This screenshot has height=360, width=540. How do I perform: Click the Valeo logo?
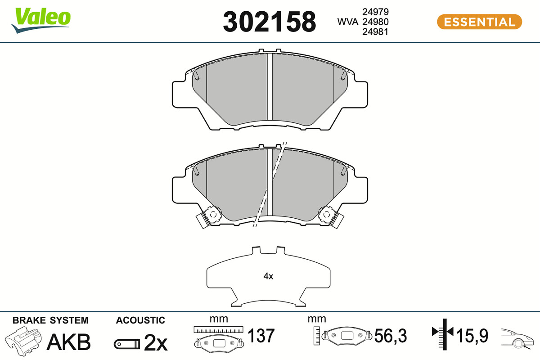41,20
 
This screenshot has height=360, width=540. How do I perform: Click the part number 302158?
269,22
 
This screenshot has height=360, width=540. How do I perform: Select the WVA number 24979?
375,12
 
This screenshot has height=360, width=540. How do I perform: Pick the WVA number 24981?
375,32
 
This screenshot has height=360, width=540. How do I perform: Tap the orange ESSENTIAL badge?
480,22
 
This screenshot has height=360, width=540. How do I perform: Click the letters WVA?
347,22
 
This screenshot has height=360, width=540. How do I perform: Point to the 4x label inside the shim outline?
268,276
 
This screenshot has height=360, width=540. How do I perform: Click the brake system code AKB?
69,342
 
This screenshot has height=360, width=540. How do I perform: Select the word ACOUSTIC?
140,320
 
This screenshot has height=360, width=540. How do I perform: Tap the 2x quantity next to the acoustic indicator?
156,342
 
